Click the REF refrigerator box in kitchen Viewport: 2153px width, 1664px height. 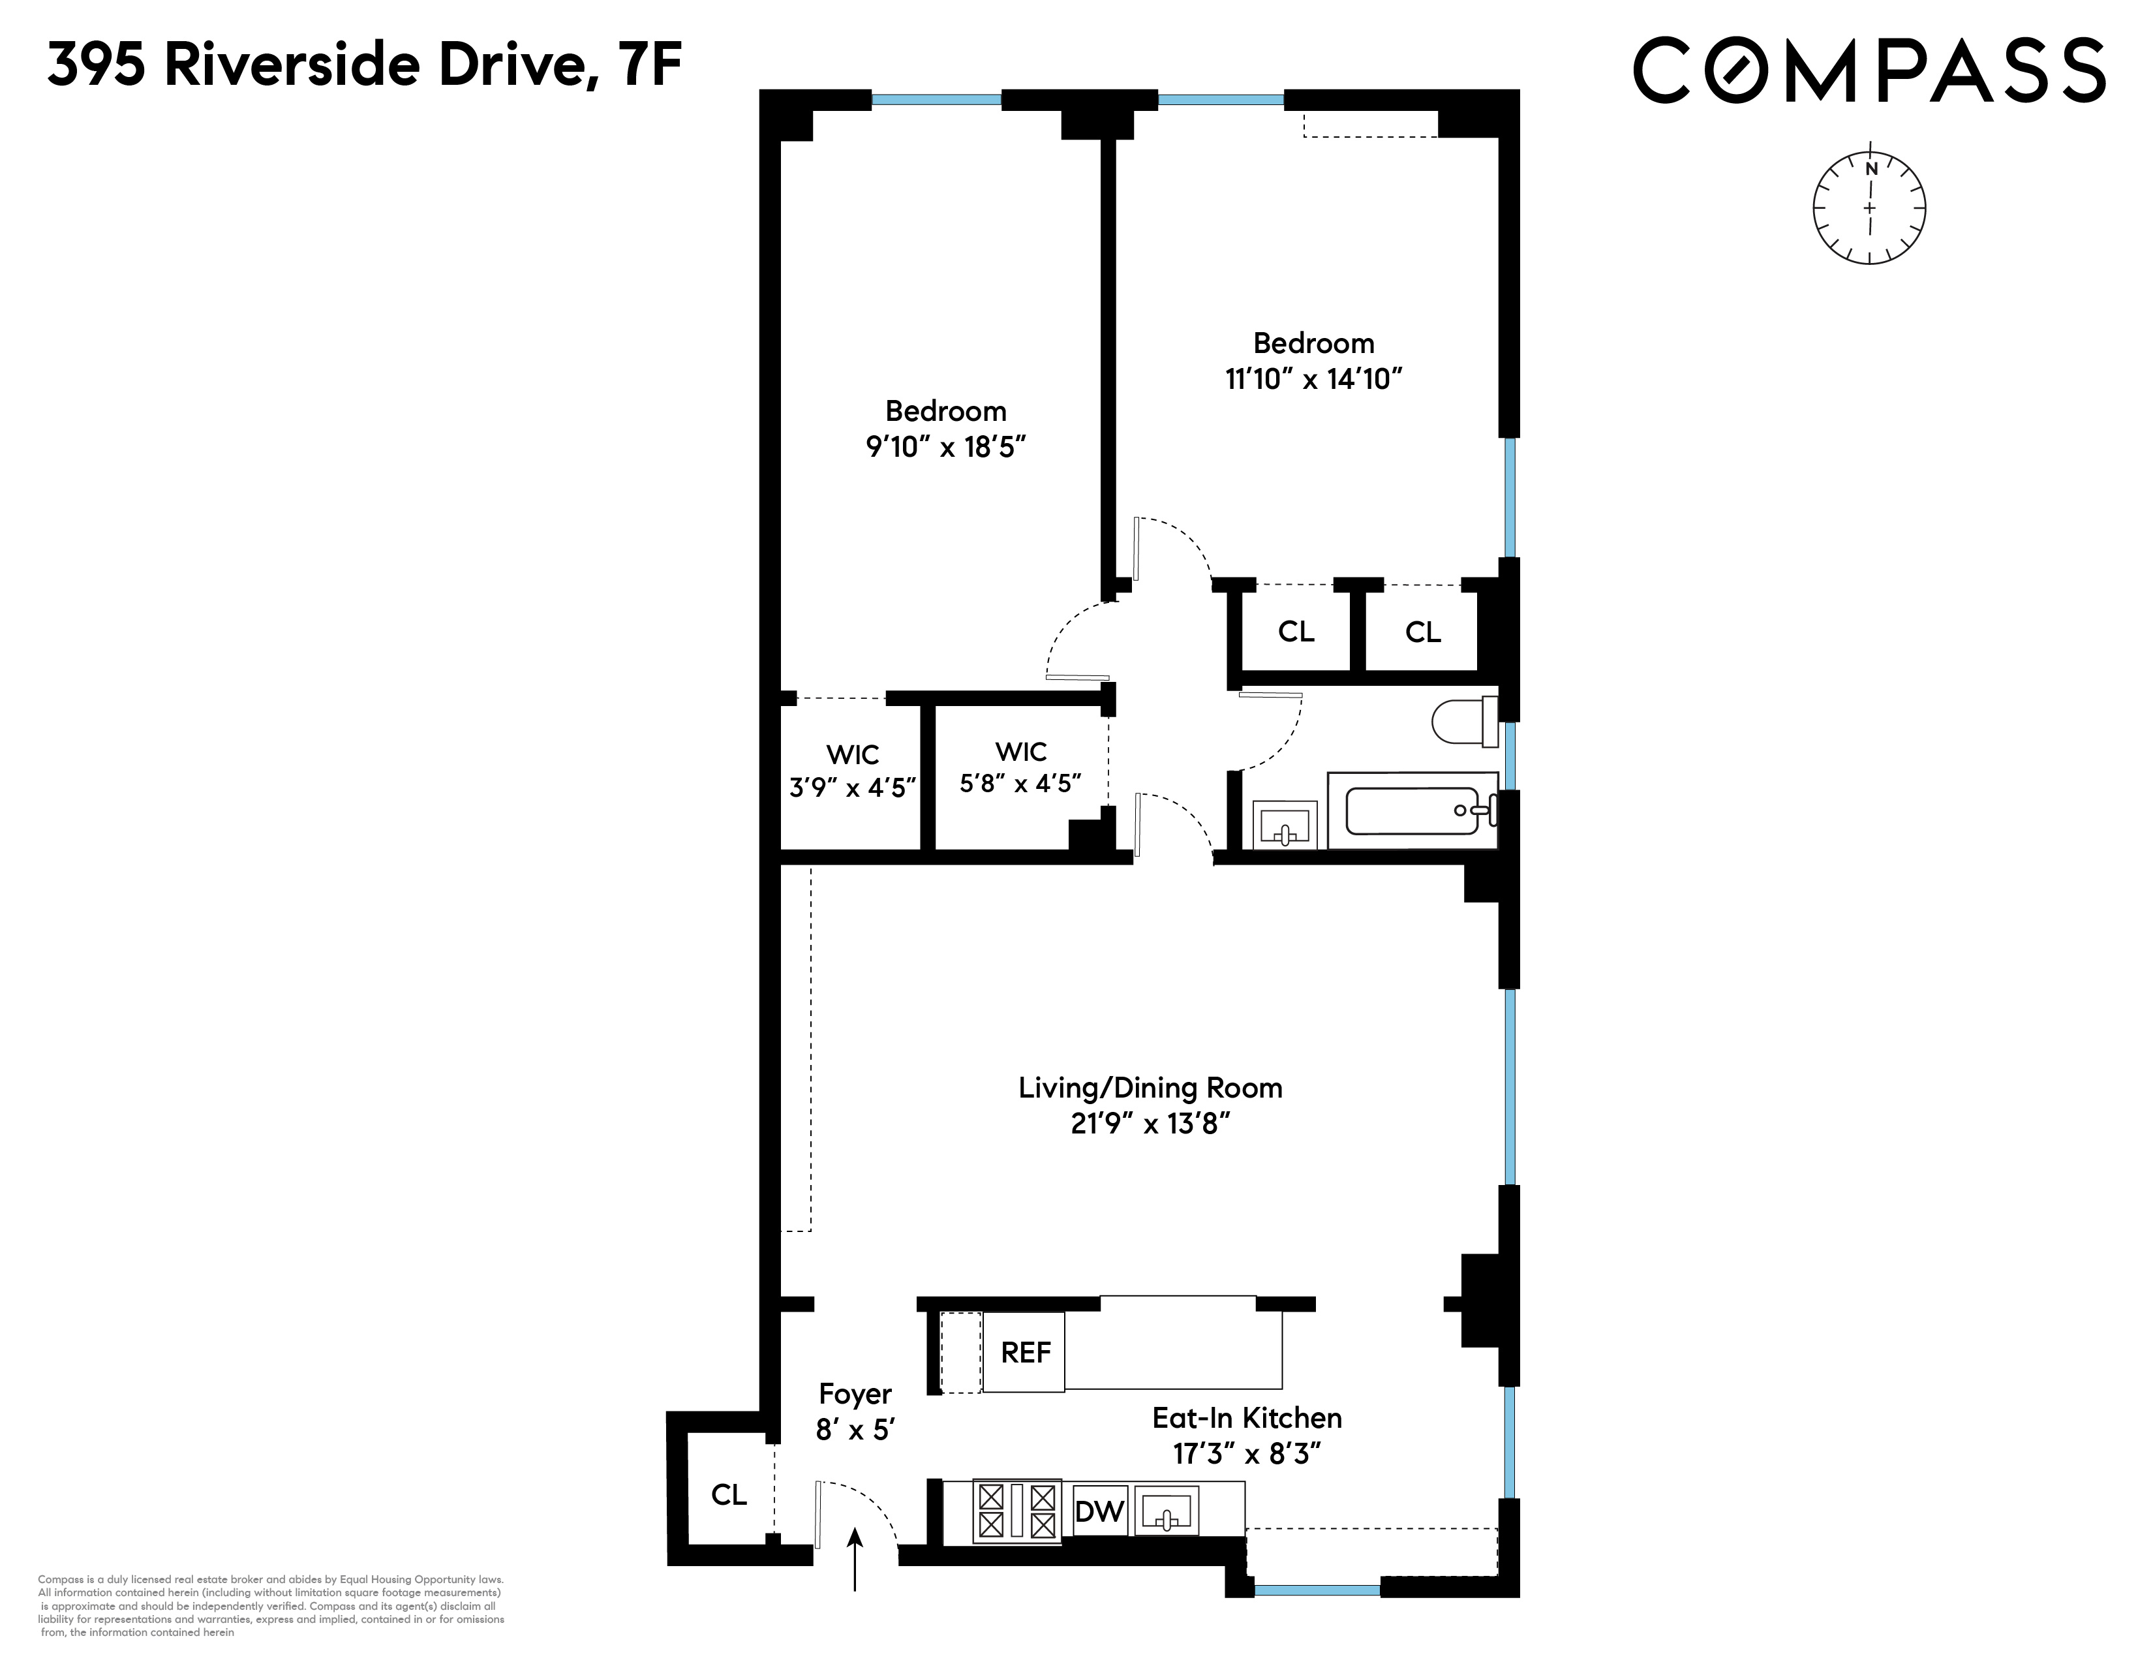(x=1024, y=1351)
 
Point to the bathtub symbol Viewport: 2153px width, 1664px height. (x=1412, y=810)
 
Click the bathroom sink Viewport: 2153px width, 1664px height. (x=1285, y=824)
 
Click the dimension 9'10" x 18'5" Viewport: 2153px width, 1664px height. (x=945, y=446)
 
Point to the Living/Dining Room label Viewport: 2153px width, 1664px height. (x=1150, y=1088)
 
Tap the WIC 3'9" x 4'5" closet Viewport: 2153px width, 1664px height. (x=853, y=772)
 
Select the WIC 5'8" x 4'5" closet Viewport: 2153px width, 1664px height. (x=1020, y=768)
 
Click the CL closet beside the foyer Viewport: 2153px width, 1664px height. (x=729, y=1494)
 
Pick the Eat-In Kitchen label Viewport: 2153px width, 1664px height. (x=1246, y=1417)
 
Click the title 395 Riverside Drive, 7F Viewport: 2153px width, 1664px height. (x=364, y=66)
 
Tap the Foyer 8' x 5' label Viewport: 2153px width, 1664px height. (x=855, y=1411)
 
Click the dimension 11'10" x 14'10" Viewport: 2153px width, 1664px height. (x=1313, y=378)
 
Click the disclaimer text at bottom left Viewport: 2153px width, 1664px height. (x=271, y=1605)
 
